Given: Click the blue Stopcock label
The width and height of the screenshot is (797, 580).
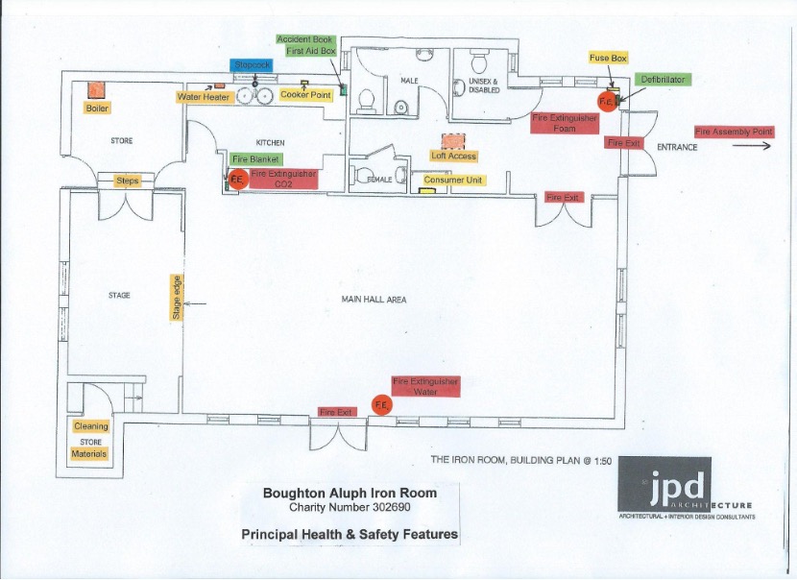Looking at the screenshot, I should point(253,64).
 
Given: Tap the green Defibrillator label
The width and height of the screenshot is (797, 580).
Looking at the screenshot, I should point(663,80).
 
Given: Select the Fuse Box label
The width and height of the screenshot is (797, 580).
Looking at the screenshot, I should point(608,59).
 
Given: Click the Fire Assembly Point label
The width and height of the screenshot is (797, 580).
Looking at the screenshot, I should point(734,132).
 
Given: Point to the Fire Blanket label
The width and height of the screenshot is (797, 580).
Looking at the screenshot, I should point(256,158).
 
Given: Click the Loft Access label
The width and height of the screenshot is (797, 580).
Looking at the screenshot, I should point(453,156).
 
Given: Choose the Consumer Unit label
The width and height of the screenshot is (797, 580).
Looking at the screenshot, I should point(454,180).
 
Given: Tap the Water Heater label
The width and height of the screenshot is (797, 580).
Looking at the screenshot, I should point(204,97).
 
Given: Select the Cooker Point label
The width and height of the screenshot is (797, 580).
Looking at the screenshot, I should point(306,95).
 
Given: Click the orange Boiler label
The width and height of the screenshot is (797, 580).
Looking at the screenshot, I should point(98,109).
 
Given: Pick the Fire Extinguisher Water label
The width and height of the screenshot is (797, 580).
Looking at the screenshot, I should point(425,386).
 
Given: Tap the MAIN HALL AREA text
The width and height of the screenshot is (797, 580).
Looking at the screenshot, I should point(374,300).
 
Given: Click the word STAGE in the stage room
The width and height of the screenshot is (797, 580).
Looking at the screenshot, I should point(119,296).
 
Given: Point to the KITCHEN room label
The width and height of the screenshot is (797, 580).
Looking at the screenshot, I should point(270,143).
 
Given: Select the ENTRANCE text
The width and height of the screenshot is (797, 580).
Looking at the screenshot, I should point(676,147).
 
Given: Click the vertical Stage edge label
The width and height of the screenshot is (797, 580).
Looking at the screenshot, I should point(177,298).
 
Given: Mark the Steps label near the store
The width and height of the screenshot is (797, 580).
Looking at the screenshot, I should point(128,181).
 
